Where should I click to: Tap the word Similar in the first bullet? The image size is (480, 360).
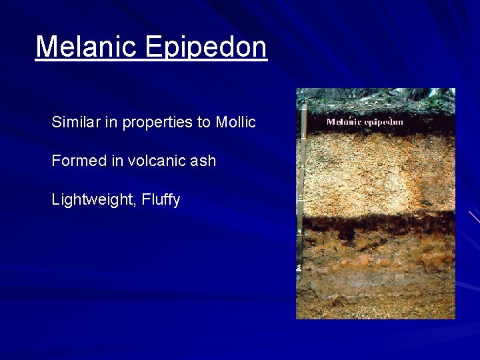[x=74, y=122]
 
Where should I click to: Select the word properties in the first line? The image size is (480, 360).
[x=151, y=123]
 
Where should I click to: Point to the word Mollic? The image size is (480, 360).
[x=235, y=122]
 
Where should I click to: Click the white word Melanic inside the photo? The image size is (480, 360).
[x=345, y=122]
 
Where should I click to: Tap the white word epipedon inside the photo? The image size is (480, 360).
[x=384, y=123]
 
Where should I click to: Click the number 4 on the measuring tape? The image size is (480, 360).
[x=300, y=232]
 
